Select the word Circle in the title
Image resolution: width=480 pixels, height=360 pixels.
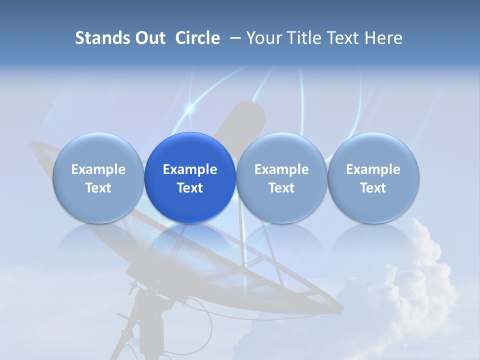click(197, 38)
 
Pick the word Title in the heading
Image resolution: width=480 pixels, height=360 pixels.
click(303, 38)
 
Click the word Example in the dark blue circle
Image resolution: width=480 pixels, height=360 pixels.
click(190, 169)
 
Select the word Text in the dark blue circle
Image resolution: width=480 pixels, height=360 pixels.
click(190, 188)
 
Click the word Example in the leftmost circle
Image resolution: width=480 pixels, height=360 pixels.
click(98, 169)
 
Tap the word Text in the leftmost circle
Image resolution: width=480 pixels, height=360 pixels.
click(98, 188)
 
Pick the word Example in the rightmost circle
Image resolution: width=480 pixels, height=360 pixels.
click(373, 169)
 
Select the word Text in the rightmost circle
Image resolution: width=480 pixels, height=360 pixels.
click(373, 188)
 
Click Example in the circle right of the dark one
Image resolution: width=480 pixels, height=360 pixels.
click(281, 169)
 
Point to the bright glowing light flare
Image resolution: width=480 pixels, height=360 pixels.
click(189, 108)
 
